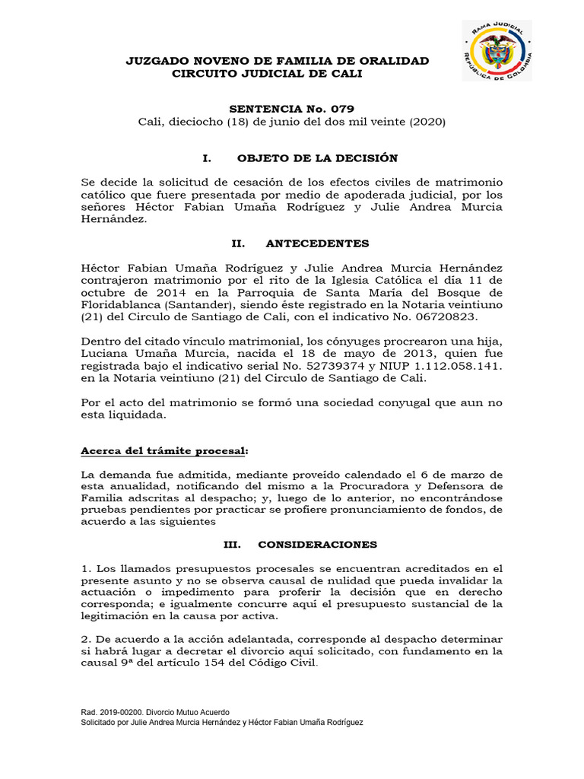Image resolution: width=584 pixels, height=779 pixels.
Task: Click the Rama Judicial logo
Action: [x=497, y=51]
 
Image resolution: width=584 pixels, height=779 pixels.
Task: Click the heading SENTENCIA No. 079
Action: [x=291, y=109]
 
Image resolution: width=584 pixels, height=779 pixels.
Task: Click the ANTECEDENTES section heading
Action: [x=317, y=243]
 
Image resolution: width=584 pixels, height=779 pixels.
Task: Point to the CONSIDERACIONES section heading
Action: [x=317, y=545]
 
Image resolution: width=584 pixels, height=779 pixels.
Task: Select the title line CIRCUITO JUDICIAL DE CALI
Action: [x=268, y=74]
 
